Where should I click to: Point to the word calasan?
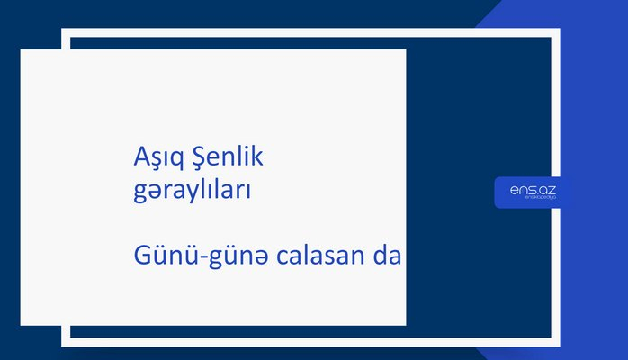pos(309,256)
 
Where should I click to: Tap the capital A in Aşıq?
pos(139,159)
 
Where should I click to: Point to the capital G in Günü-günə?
pos(139,256)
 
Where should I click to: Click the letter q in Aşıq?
pos(172,162)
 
